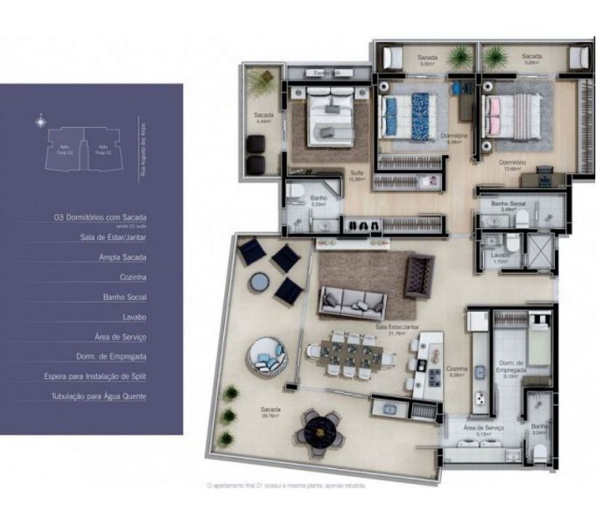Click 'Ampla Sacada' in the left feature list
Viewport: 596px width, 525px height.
[x=123, y=257]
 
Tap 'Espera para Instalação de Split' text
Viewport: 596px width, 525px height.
[x=95, y=376]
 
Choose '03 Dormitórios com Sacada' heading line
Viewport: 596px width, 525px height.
[x=100, y=216]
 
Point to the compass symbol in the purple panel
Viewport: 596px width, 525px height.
[x=40, y=122]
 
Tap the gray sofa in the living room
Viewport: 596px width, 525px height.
[x=355, y=301]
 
